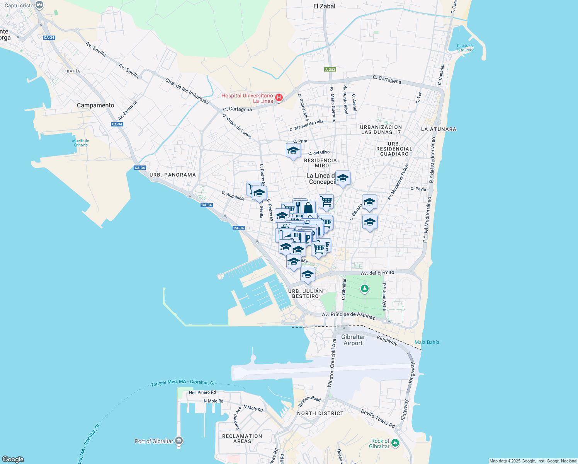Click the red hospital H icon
click(279, 97)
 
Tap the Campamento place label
click(95, 105)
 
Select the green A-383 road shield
click(330, 70)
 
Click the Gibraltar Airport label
click(353, 340)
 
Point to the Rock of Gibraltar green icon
click(395, 443)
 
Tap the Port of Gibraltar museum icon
click(178, 441)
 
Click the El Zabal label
click(324, 6)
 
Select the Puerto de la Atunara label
click(465, 48)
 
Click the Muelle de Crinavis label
click(81, 143)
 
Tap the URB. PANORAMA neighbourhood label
click(173, 175)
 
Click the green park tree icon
click(364, 288)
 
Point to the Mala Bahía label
click(427, 342)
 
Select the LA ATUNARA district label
click(439, 129)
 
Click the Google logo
click(13, 459)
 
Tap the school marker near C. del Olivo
click(293, 151)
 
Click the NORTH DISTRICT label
click(320, 413)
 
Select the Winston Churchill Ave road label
click(332, 363)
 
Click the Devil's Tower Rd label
click(377, 418)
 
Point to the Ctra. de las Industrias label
click(187, 91)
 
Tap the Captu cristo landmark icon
click(39, 5)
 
